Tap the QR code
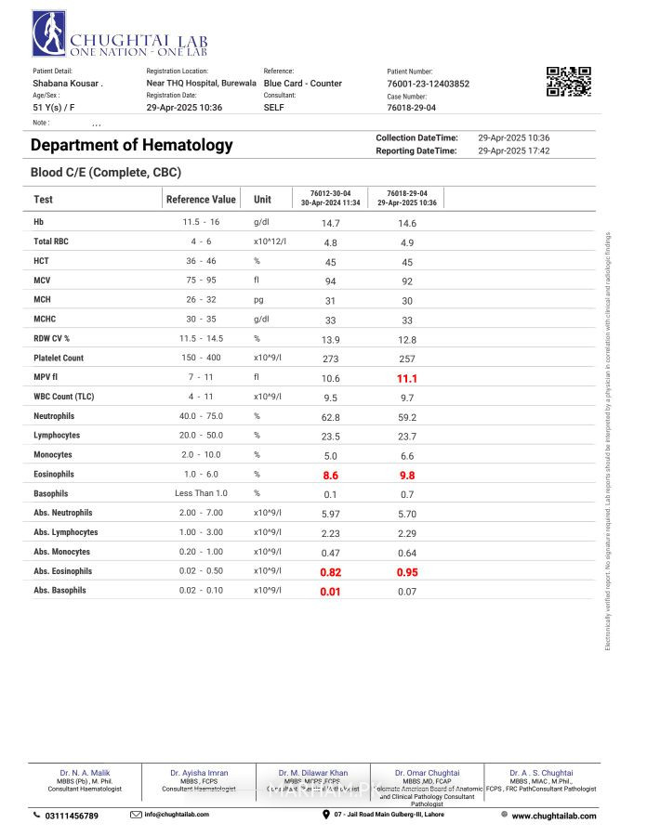568,82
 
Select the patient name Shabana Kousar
67,84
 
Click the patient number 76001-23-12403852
428,84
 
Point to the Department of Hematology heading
132,145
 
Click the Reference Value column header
201,200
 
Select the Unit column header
263,200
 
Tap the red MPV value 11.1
407,379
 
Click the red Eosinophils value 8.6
330,475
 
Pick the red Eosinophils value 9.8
407,475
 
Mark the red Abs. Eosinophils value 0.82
330,572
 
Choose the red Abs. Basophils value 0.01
330,592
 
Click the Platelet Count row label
59,359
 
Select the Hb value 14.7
330,223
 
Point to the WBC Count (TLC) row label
64,398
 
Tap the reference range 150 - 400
201,359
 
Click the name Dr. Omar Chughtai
427,773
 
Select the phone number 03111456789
72,816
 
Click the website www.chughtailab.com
553,816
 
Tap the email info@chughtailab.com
177,815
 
